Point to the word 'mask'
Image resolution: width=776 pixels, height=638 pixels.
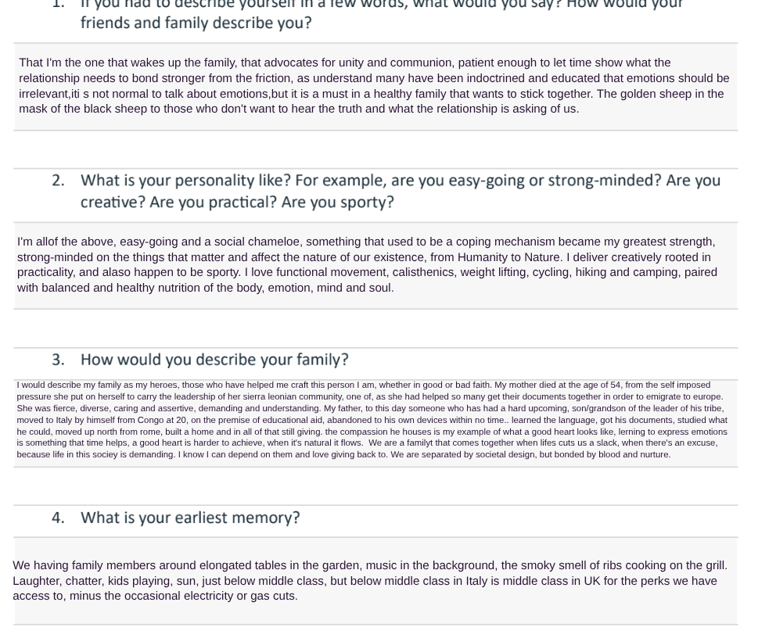point(34,109)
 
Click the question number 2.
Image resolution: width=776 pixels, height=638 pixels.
point(58,181)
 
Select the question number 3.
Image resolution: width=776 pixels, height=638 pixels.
point(58,360)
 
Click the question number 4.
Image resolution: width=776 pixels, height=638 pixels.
point(58,518)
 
